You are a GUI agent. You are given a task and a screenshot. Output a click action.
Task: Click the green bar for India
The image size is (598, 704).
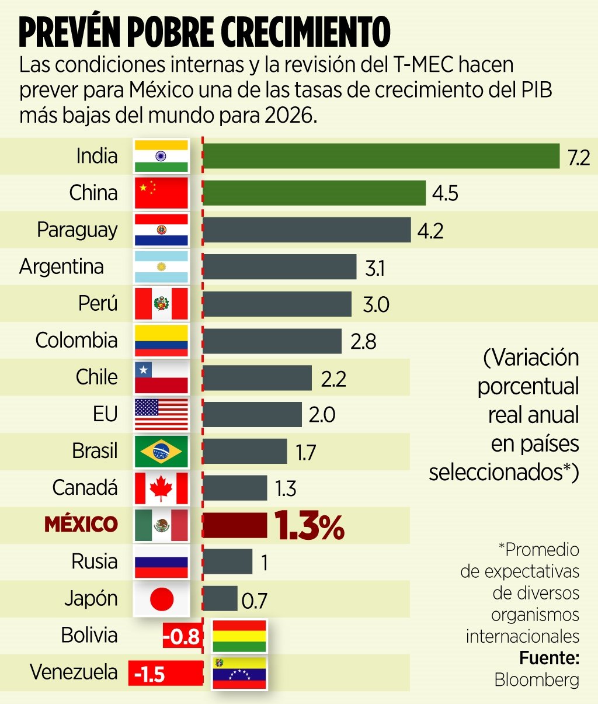pyautogui.click(x=381, y=156)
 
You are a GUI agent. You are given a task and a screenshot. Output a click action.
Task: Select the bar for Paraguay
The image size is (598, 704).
pyautogui.click(x=307, y=230)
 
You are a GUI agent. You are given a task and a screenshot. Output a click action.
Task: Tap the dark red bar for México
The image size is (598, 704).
pyautogui.click(x=234, y=525)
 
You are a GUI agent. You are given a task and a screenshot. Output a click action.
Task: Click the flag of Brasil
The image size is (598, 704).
pyautogui.click(x=161, y=451)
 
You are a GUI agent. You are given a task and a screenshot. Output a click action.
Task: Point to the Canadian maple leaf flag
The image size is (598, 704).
pyautogui.click(x=161, y=488)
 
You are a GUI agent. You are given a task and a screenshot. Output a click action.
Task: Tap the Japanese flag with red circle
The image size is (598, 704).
pyautogui.click(x=161, y=599)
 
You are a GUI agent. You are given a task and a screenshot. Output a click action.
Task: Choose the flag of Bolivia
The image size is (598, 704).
pyautogui.click(x=239, y=636)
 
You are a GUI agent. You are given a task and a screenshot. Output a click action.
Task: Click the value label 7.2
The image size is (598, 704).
pyautogui.click(x=578, y=157)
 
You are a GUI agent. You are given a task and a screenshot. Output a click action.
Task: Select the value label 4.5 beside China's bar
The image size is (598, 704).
pyautogui.click(x=445, y=193)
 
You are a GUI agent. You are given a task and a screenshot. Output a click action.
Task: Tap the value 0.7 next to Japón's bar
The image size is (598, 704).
pyautogui.click(x=254, y=601)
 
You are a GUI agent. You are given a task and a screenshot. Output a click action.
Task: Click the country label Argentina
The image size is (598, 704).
pyautogui.click(x=61, y=266)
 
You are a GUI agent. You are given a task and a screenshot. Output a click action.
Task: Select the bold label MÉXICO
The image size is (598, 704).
pyautogui.click(x=81, y=524)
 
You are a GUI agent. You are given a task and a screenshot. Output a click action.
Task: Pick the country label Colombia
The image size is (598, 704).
pyautogui.click(x=76, y=340)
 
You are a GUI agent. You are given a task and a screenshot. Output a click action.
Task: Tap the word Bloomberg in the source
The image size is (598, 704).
pyautogui.click(x=537, y=679)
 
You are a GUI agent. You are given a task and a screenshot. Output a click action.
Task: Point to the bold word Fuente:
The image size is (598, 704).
pyautogui.click(x=549, y=658)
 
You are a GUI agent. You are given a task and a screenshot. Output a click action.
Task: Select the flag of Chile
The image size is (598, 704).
pyautogui.click(x=161, y=377)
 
